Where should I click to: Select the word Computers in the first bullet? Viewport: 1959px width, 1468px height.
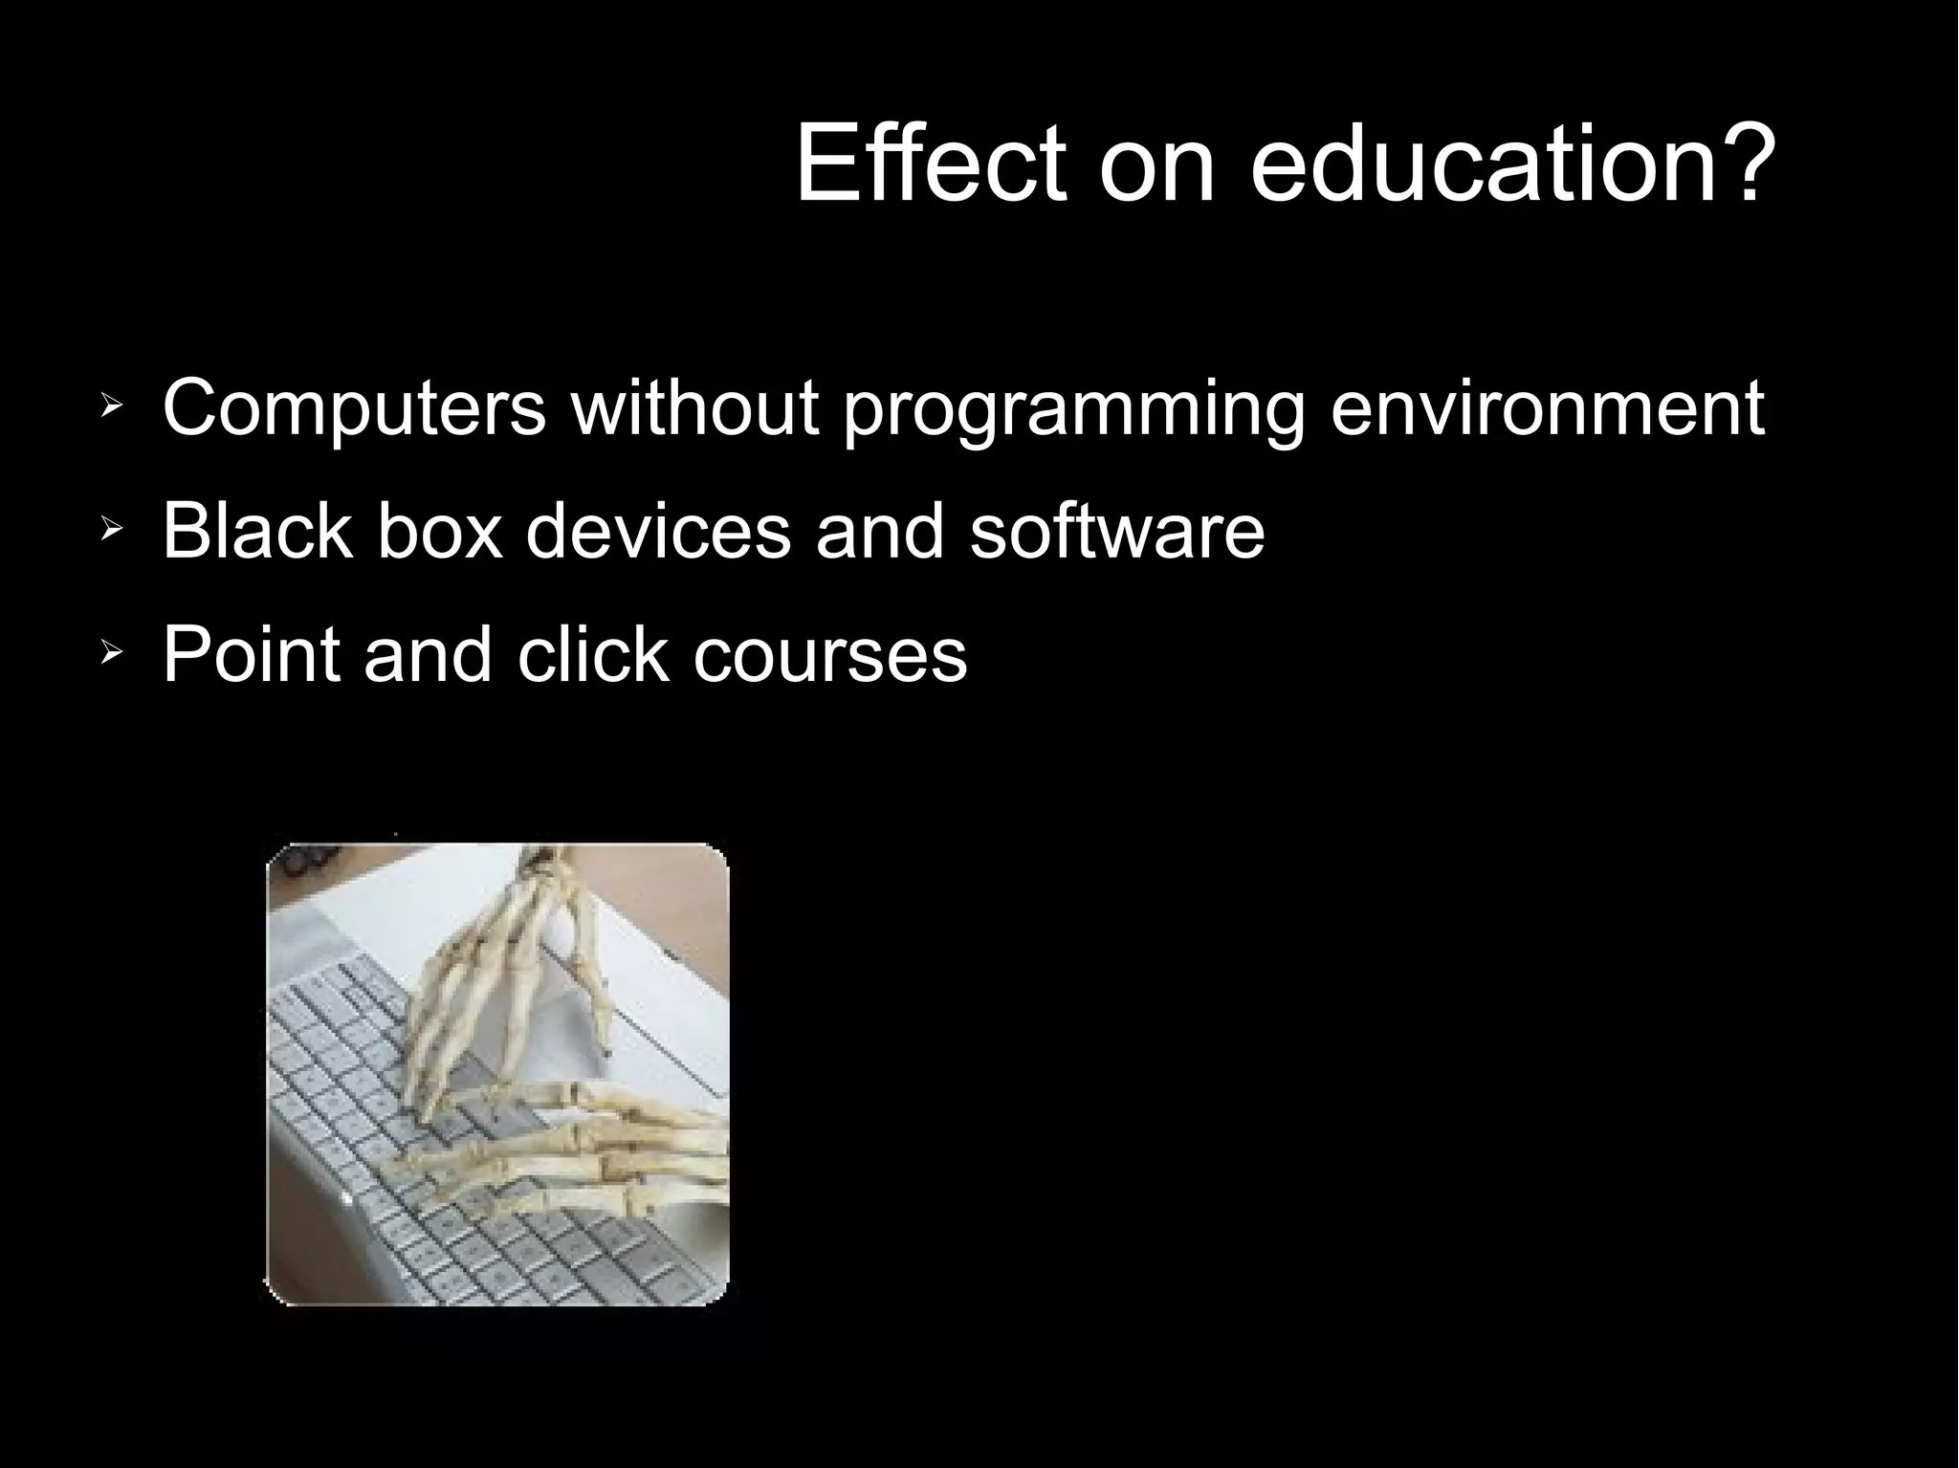[354, 408]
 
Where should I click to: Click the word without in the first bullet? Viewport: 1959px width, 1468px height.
[695, 408]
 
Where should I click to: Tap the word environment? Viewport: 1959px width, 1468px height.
[1547, 408]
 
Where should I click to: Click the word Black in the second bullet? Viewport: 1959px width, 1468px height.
[256, 531]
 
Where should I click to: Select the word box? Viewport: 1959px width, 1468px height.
[439, 531]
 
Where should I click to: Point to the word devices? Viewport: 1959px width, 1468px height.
[658, 531]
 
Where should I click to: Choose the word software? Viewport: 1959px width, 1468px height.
[1116, 531]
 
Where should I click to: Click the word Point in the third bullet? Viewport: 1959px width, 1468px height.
[251, 654]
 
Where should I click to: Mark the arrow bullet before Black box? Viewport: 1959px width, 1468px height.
[111, 531]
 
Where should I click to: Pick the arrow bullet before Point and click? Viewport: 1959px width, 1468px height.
[111, 655]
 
